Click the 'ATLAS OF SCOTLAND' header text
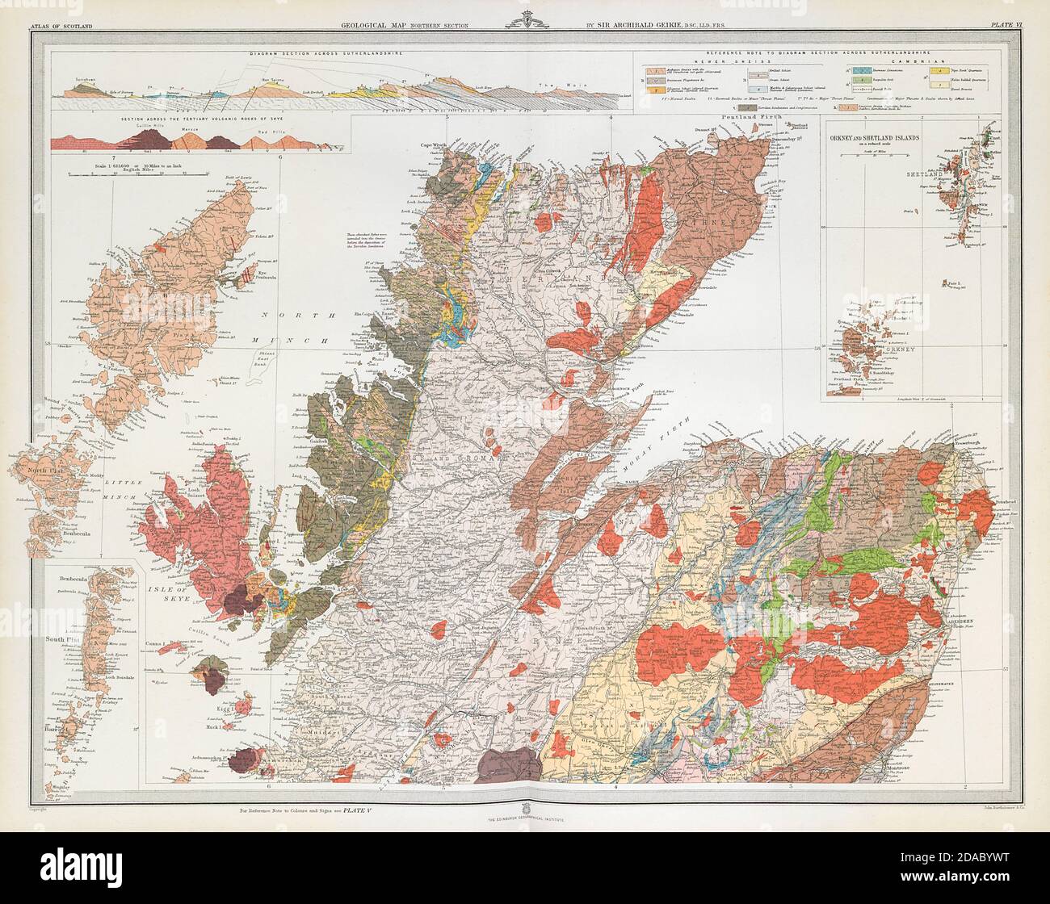tap(61, 27)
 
